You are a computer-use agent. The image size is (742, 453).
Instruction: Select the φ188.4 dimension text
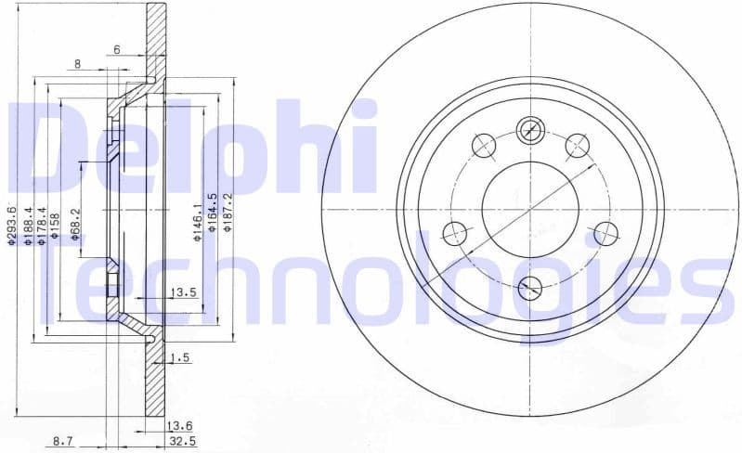coord(29,226)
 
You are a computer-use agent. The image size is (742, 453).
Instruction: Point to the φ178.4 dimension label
coord(42,226)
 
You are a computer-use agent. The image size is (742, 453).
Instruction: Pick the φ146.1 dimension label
coord(197,224)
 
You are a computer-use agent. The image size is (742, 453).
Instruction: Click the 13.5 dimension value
coord(182,293)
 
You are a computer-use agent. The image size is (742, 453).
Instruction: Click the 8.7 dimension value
coord(64,441)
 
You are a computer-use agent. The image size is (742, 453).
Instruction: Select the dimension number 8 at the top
coord(78,64)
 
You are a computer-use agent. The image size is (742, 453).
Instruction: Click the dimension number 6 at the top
coord(117,49)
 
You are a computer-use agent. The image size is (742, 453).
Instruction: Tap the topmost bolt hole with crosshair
coord(530,130)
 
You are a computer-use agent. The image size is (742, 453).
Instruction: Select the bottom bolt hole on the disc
coord(530,287)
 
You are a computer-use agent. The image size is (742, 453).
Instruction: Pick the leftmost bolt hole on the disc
coord(455,233)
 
